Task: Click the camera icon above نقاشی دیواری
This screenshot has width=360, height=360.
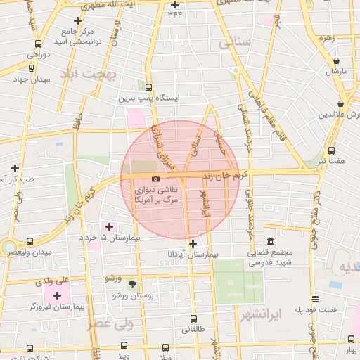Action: pyautogui.click(x=155, y=179)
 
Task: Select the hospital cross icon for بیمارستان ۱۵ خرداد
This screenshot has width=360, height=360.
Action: pyautogui.click(x=108, y=227)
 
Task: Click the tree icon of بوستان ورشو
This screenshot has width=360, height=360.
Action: pyautogui.click(x=133, y=283)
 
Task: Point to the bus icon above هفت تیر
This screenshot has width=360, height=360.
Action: pyautogui.click(x=331, y=150)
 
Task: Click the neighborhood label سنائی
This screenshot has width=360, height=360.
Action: pyautogui.click(x=235, y=44)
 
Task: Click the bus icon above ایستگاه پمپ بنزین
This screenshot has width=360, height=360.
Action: pyautogui.click(x=148, y=87)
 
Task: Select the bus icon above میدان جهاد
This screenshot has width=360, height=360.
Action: pyautogui.click(x=31, y=69)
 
